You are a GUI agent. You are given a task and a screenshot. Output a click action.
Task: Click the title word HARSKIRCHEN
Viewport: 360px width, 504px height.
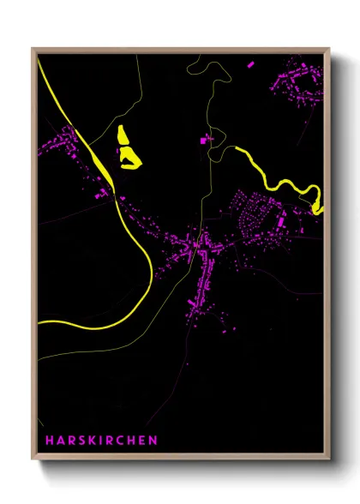pos(102,441)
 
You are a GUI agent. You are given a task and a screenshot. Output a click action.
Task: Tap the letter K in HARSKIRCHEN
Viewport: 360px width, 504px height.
pos(90,441)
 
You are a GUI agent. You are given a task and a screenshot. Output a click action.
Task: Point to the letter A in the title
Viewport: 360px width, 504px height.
pos(60,441)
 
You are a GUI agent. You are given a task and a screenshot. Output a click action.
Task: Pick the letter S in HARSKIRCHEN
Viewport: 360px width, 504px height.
pos(80,441)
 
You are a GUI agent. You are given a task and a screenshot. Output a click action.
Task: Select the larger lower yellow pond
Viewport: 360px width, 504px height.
pos(131,157)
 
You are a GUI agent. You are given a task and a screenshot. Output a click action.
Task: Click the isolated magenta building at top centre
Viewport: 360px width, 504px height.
pos(205,139)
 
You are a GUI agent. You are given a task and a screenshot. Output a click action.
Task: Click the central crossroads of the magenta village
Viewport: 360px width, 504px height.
pos(199,246)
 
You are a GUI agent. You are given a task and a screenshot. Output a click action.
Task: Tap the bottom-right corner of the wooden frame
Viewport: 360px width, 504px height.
pos(330,459)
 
